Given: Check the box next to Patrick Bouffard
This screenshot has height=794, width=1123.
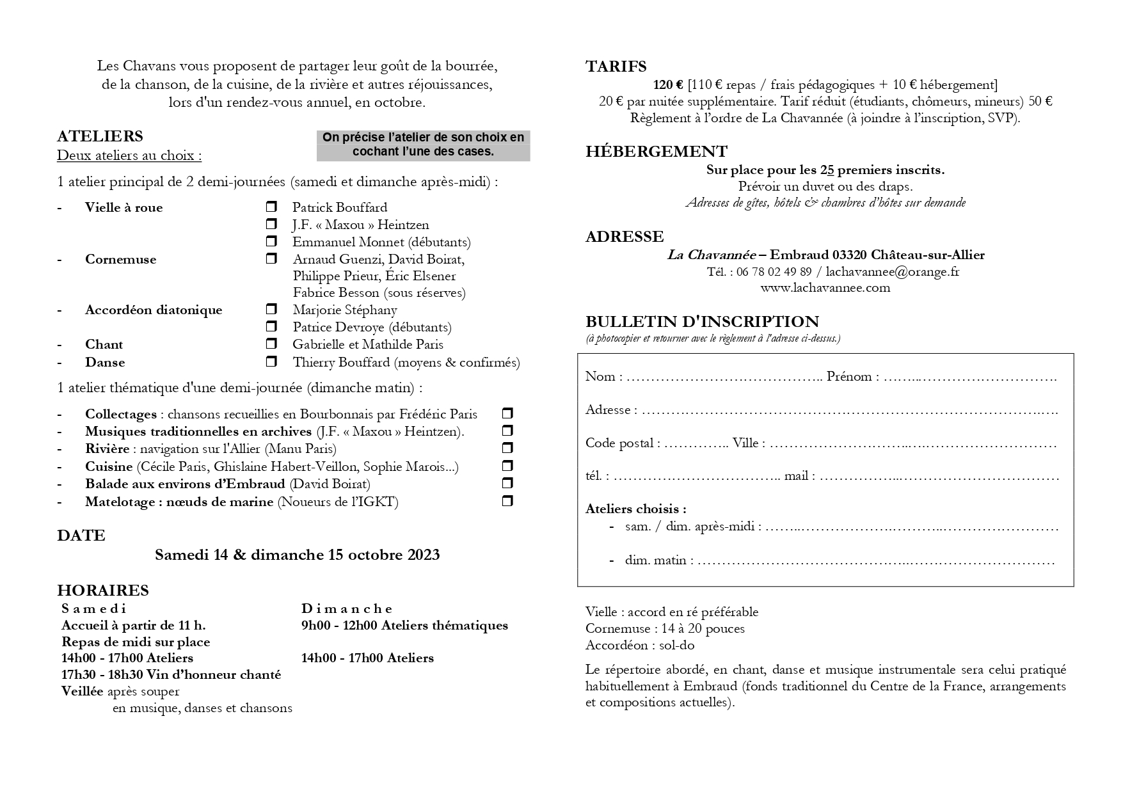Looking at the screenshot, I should [271, 207].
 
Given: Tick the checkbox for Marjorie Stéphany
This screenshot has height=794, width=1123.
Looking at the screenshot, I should [271, 309].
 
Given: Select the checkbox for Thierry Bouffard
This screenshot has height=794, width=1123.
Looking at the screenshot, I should [271, 361].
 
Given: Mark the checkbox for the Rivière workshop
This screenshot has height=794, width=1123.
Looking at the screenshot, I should [507, 448].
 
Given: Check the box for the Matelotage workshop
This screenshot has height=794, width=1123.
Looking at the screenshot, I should [507, 500].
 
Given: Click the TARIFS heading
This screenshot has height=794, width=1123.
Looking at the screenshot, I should [616, 67].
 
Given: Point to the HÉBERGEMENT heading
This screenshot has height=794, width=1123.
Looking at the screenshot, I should [656, 152].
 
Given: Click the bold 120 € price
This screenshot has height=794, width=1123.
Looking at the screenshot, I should [668, 84].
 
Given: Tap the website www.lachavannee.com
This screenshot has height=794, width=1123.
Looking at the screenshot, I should [825, 288].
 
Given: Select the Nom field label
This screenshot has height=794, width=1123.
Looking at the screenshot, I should [600, 376].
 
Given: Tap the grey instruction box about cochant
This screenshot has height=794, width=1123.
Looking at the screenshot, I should [423, 145].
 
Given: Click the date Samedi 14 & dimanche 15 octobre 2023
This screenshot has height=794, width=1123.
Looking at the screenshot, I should [297, 555].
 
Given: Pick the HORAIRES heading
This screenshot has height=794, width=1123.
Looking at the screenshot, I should [102, 591].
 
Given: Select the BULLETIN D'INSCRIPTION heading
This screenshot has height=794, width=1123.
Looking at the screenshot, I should [702, 322].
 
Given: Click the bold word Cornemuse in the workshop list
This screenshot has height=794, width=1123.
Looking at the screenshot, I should [120, 259].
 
